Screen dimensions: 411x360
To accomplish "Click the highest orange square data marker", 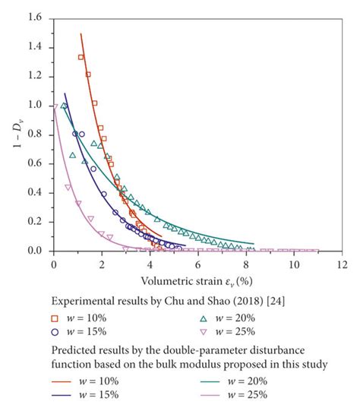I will [x=81, y=57].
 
